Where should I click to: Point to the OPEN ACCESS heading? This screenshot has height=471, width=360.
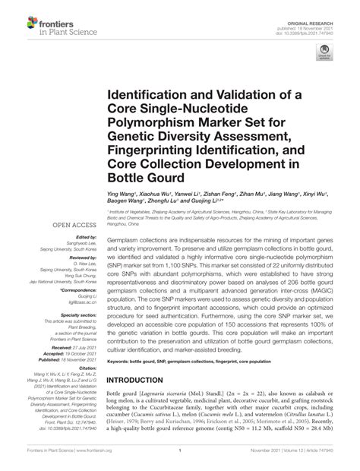point(73,225)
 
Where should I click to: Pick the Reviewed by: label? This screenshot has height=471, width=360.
point(81,257)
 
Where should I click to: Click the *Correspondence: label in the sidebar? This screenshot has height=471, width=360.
point(77,290)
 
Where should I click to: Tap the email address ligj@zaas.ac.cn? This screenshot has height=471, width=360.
point(82,302)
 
